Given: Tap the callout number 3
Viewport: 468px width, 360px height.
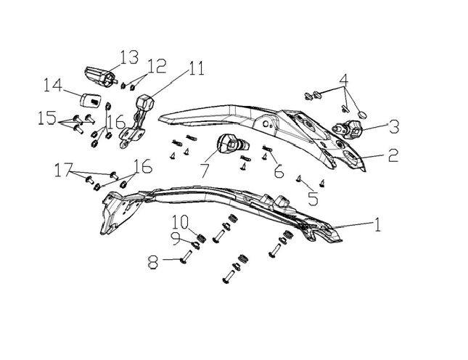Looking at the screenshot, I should point(393,126).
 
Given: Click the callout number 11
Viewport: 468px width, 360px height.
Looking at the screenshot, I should point(196,70).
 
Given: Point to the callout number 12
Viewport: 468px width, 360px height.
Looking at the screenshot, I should point(156,67).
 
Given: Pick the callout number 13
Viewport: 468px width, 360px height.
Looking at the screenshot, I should point(128,57).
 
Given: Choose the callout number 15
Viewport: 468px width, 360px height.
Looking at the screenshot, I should point(47,117).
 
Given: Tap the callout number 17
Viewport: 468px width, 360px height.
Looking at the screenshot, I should point(64,171).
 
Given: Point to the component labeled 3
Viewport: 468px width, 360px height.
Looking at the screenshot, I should point(353,130).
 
